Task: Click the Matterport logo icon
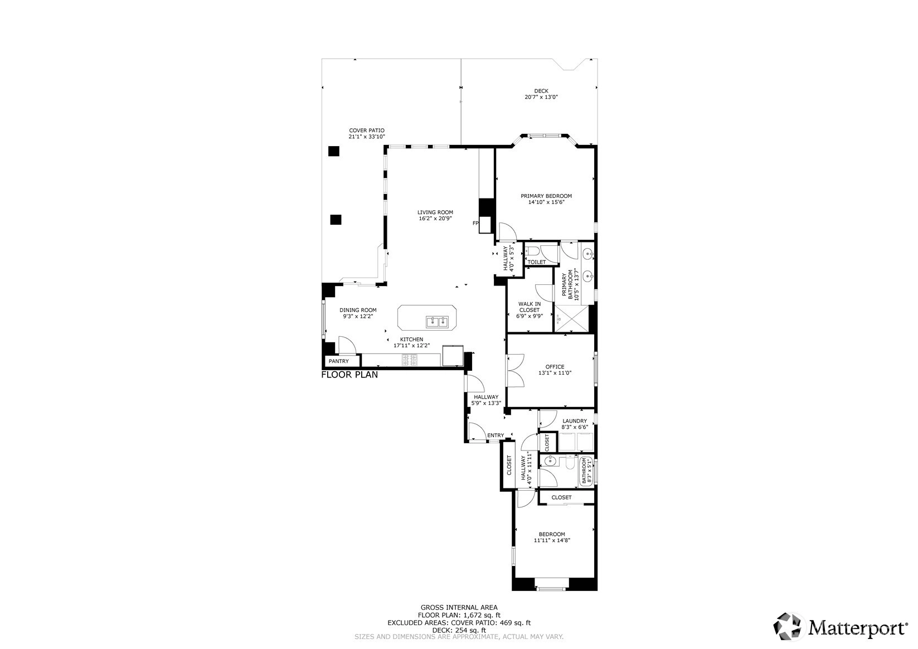pos(787,626)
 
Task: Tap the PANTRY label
pos(338,361)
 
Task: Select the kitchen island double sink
pos(437,322)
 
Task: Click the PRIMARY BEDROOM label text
pos(546,196)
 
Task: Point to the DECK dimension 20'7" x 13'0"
pos(541,97)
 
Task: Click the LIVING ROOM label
pos(435,212)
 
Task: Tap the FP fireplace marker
pos(475,223)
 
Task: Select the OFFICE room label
pos(555,367)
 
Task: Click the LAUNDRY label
pos(575,420)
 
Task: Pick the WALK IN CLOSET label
pos(530,307)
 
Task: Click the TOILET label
pos(536,262)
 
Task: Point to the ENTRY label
pos(496,435)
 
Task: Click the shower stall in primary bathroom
pos(571,318)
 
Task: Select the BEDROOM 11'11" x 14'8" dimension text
pos(552,540)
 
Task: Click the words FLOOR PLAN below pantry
pos(349,375)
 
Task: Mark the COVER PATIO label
pos(367,130)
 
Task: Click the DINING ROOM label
pos(358,311)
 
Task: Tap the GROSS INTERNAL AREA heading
pos(459,608)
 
